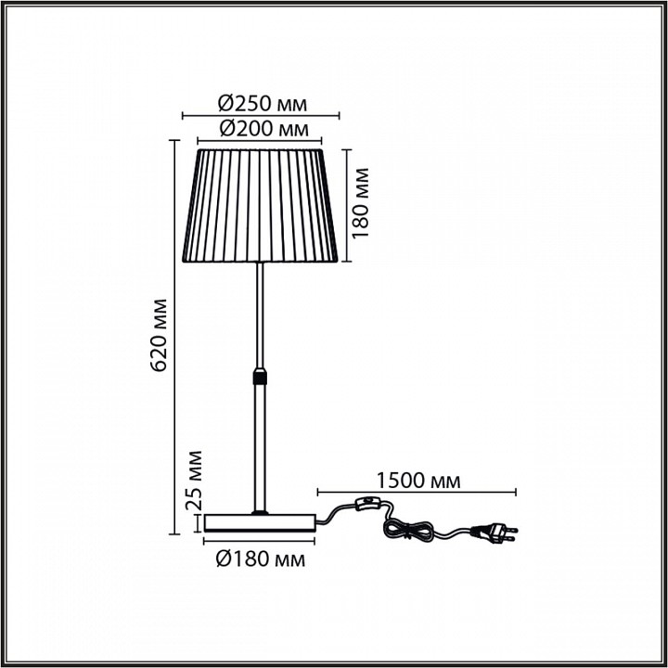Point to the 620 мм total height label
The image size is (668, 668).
pyautogui.click(x=159, y=335)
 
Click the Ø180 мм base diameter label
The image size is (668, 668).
pyautogui.click(x=260, y=559)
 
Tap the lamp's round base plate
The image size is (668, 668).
pyautogui.click(x=261, y=522)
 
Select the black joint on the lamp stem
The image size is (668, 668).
pyautogui.click(x=261, y=378)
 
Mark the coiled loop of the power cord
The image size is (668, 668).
pyautogui.click(x=409, y=531)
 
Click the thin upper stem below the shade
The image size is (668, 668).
pyautogui.click(x=261, y=315)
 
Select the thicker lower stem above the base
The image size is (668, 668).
pyautogui.click(x=261, y=445)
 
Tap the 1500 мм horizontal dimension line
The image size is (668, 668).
pyautogui.click(x=417, y=492)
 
